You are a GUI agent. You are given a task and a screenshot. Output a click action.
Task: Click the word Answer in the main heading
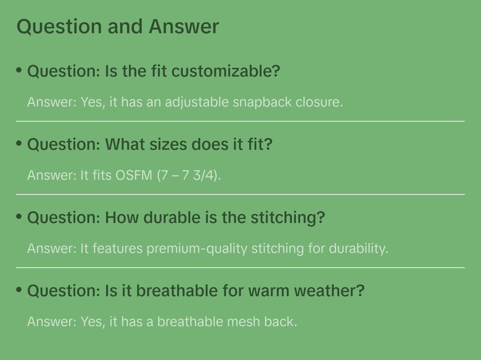tap(184, 27)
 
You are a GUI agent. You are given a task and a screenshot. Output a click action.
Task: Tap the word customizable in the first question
tap(226, 71)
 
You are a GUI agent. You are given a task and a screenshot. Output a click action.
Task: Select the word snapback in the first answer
tap(262, 102)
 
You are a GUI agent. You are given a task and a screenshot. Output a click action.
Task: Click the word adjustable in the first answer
tap(197, 102)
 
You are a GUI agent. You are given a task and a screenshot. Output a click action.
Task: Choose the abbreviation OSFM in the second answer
tap(134, 175)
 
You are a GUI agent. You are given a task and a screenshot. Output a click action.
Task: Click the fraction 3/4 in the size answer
tap(203, 175)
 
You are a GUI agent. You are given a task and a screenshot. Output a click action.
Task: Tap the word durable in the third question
tap(172, 218)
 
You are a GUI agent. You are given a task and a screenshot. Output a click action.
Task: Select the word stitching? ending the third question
tap(288, 218)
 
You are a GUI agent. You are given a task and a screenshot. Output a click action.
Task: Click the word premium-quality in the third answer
tap(197, 249)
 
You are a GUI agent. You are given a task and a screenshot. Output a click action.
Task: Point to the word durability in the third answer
tap(358, 249)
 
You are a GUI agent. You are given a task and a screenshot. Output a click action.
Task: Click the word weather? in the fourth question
tap(329, 290)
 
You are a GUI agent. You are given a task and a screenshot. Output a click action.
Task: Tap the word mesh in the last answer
tap(244, 322)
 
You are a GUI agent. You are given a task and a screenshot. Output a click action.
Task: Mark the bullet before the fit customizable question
tap(19, 70)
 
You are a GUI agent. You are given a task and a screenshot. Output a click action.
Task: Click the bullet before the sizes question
tap(19, 143)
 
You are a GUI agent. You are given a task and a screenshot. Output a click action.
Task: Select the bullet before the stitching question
tap(19, 217)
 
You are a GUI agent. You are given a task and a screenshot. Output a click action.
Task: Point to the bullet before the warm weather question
tap(19, 290)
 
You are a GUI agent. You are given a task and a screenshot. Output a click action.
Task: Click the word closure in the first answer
tap(319, 102)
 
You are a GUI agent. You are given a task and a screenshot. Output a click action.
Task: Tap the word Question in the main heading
tap(59, 27)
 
